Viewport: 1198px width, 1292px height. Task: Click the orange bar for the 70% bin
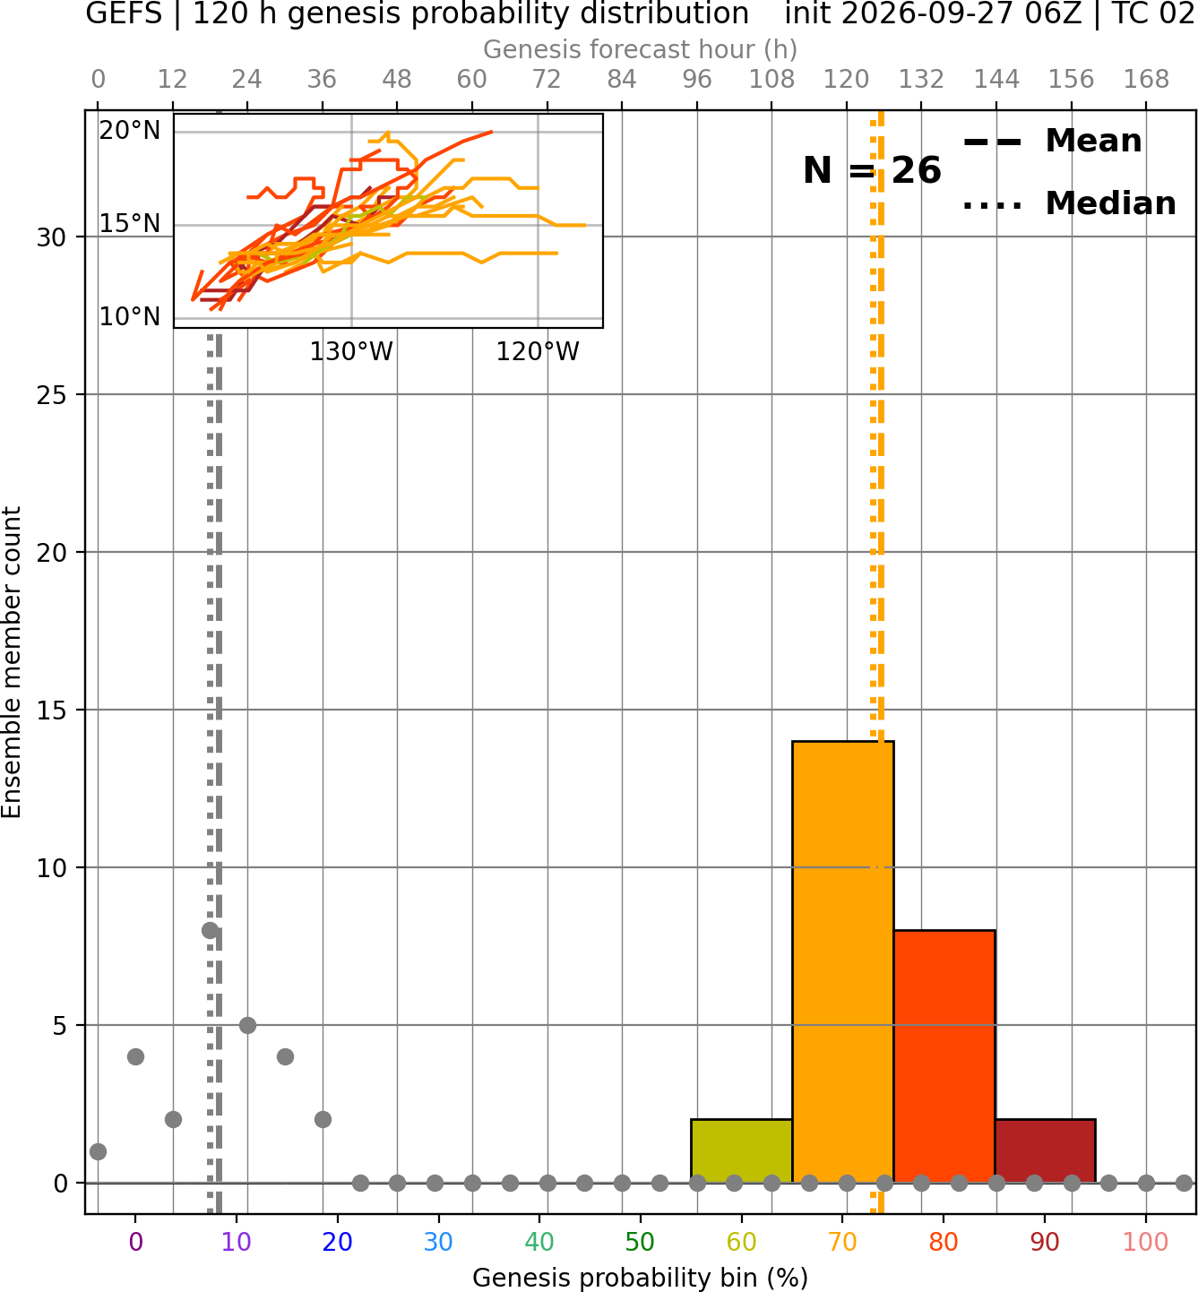[x=842, y=961]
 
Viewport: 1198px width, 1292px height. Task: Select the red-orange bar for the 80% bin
[x=944, y=1056]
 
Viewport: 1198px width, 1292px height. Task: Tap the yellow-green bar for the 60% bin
[x=742, y=1150]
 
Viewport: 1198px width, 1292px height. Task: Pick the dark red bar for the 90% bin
[x=1045, y=1150]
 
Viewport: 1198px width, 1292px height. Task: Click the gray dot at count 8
[x=211, y=930]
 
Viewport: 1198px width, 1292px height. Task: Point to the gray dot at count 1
[x=99, y=1151]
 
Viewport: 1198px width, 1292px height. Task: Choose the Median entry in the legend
[x=1070, y=204]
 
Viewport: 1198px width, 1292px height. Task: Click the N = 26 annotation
[x=872, y=170]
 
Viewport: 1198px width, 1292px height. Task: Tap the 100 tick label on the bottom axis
[x=1145, y=1242]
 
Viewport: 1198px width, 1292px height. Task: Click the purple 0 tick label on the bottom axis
[x=135, y=1242]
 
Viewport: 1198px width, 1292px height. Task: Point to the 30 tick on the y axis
[x=51, y=237]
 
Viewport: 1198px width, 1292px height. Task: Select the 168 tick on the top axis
[x=1146, y=80]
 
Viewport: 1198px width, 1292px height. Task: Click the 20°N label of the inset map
[x=130, y=131]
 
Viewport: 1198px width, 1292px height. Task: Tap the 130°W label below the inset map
[x=351, y=352]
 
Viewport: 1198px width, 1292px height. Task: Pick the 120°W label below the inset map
[x=538, y=352]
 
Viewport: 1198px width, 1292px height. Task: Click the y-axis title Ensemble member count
[x=11, y=662]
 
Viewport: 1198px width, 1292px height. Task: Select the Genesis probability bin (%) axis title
[x=641, y=1278]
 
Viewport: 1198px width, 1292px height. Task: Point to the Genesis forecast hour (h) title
[x=641, y=49]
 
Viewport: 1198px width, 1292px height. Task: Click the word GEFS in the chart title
[x=124, y=13]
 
